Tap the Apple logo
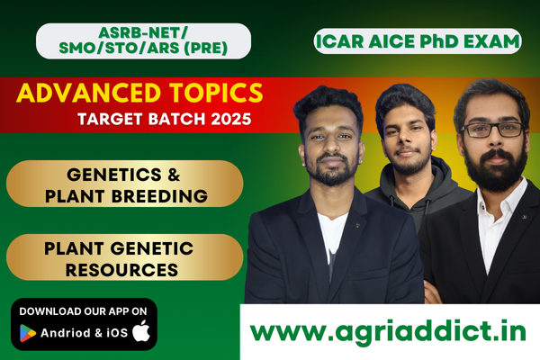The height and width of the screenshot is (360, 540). pos(140,331)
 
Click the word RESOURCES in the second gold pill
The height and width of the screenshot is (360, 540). pos(123,267)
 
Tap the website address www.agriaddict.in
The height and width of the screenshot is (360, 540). pos(388,331)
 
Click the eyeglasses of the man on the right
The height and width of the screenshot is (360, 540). pos(492,129)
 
